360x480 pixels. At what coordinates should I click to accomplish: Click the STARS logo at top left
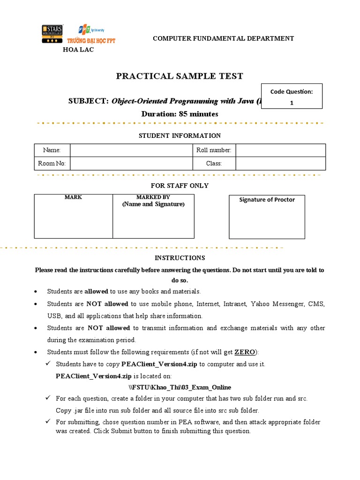tap(52, 35)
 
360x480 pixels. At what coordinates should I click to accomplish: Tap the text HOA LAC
tap(78, 50)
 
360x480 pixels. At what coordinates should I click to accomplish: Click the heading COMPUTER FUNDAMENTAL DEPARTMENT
tap(223, 38)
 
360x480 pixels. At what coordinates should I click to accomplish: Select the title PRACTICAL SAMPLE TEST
tap(180, 76)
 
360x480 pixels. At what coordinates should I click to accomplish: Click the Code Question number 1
tap(292, 103)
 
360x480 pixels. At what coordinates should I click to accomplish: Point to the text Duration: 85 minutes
tap(180, 114)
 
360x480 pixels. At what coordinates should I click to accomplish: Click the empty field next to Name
tap(132, 150)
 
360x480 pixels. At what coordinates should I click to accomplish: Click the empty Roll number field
tap(280, 150)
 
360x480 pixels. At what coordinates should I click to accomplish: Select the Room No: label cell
tap(52, 164)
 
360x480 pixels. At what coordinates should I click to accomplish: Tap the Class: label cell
tap(214, 164)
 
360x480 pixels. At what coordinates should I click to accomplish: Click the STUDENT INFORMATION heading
tap(180, 135)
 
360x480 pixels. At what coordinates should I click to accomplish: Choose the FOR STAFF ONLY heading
tap(180, 186)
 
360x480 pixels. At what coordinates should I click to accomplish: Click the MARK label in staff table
tap(73, 197)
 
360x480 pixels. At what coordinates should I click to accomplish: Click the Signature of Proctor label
tap(267, 200)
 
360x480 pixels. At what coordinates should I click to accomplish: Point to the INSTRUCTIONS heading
tap(180, 258)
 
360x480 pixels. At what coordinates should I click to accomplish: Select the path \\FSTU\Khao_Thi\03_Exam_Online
tap(180, 388)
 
